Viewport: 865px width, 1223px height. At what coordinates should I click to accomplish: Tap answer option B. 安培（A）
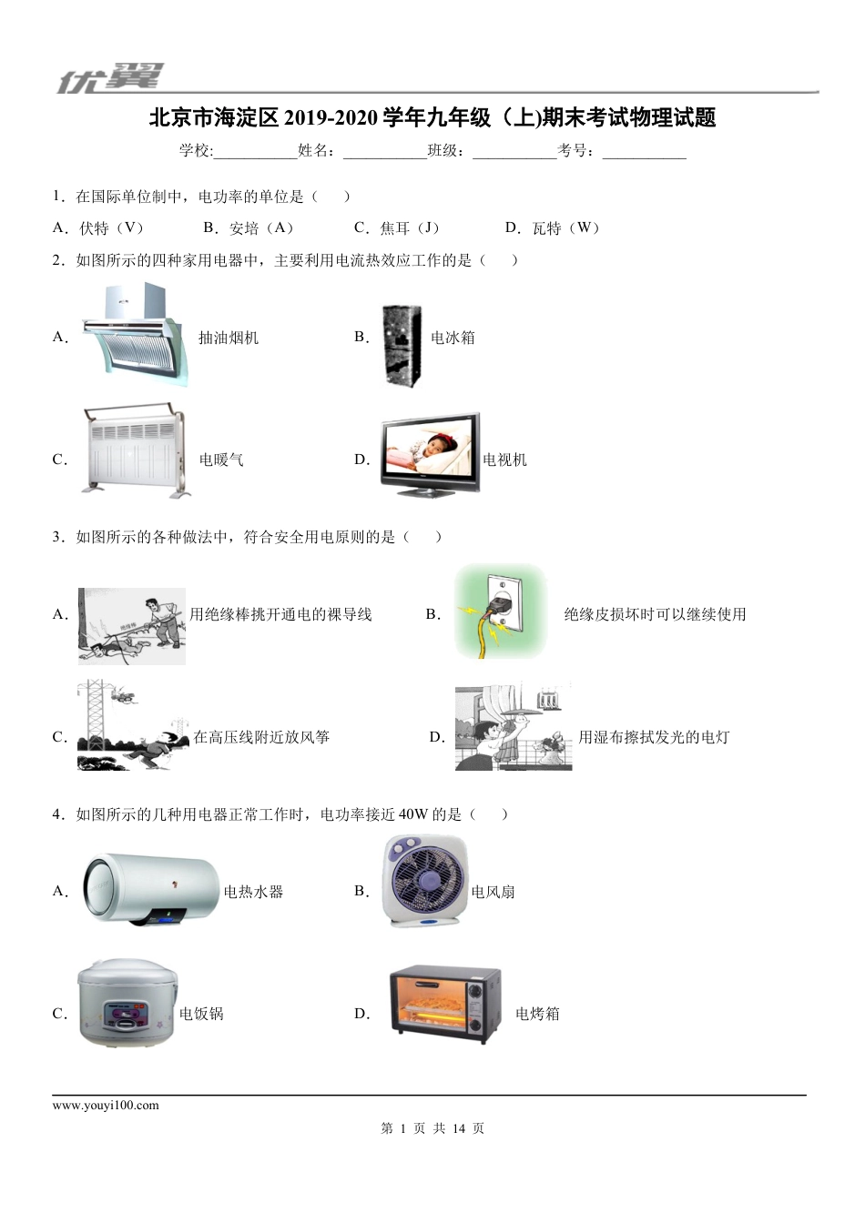pyautogui.click(x=249, y=228)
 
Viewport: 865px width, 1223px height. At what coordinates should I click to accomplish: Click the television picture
pyautogui.click(x=430, y=455)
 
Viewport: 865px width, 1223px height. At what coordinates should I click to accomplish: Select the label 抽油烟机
pyautogui.click(x=229, y=338)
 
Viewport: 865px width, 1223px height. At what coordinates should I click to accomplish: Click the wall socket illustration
pyautogui.click(x=501, y=611)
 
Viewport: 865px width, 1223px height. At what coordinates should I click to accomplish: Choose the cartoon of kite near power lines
pyautogui.click(x=132, y=725)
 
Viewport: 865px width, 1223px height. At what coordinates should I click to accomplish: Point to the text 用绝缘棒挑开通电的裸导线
pyautogui.click(x=280, y=614)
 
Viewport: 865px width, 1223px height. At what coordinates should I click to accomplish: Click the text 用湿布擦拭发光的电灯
pyautogui.click(x=654, y=737)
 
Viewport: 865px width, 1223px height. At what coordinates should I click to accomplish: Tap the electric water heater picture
pyautogui.click(x=151, y=891)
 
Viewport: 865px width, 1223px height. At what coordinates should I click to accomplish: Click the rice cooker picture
pyautogui.click(x=127, y=1005)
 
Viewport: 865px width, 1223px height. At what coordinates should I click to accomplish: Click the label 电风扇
pyautogui.click(x=494, y=892)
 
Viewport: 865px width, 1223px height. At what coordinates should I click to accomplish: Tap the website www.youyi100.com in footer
pyautogui.click(x=106, y=1106)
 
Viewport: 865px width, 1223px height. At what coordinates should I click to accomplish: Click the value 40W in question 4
pyautogui.click(x=412, y=814)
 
